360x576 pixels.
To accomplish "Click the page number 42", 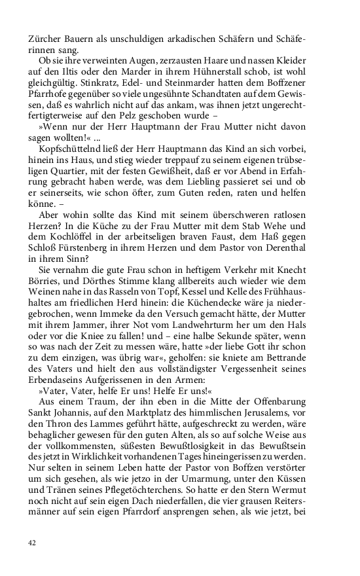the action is [32, 542].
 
